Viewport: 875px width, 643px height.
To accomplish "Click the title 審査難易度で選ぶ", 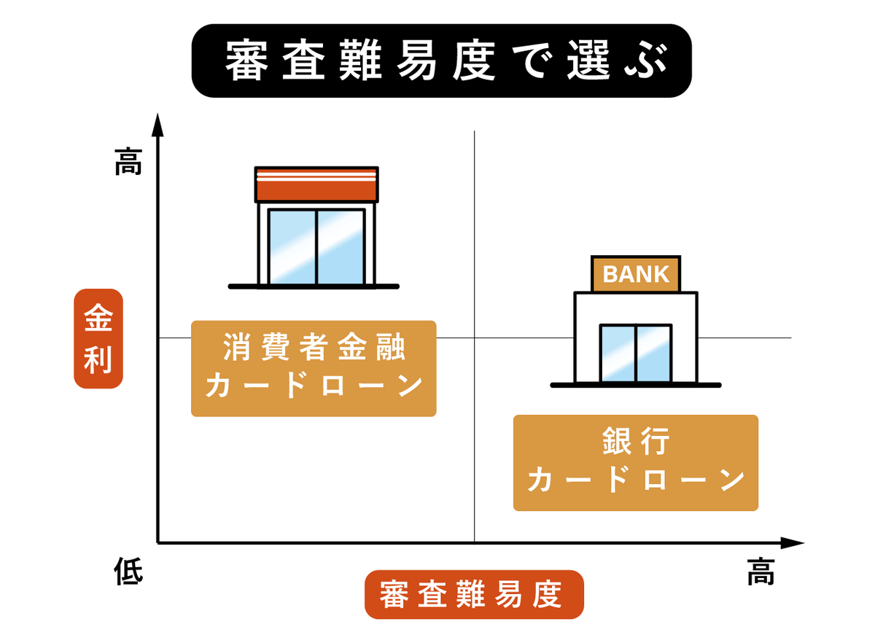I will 441,61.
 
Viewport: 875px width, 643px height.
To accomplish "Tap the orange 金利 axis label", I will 98,339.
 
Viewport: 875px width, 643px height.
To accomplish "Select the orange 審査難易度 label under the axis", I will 474,594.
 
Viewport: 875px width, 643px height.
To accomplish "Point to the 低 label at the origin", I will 128,570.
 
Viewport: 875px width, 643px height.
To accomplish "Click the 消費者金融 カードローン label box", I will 314,368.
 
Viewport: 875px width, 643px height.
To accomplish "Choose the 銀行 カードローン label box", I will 635,463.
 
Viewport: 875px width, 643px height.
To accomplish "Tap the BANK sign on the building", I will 636,274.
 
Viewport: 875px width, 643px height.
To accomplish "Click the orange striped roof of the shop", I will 316,184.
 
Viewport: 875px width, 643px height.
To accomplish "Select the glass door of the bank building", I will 635,353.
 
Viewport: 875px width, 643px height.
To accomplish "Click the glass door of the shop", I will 316,247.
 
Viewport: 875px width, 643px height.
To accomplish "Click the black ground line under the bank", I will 635,385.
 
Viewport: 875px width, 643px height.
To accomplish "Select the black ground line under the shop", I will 314,287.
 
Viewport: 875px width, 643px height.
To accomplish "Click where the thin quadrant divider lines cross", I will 474,338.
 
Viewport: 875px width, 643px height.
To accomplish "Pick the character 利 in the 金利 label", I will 98,360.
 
